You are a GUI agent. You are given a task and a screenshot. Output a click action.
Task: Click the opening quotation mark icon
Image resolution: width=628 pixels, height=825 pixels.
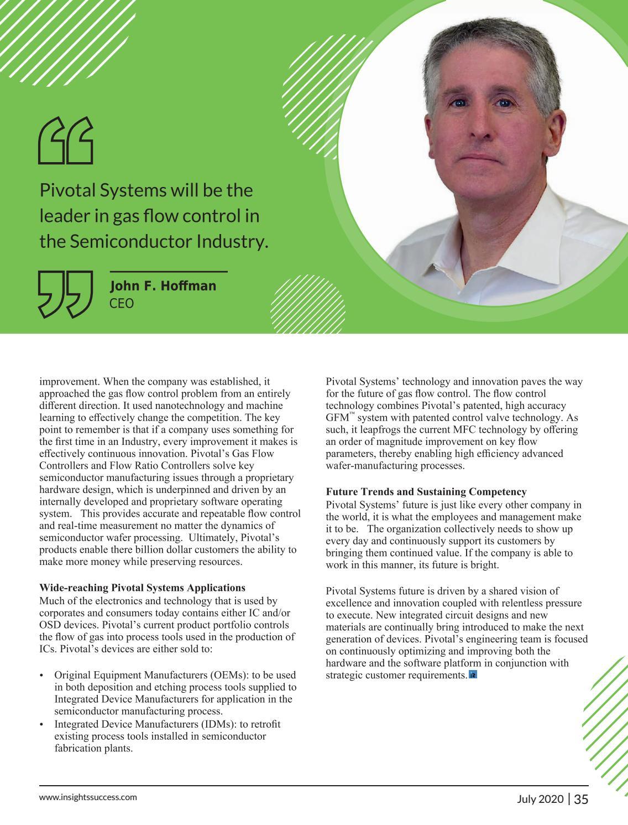pyautogui.click(x=65, y=141)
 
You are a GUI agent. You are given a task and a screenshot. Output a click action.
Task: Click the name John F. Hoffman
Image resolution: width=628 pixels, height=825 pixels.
pyautogui.click(x=163, y=286)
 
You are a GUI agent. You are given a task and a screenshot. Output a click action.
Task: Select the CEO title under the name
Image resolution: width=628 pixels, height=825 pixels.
pyautogui.click(x=122, y=303)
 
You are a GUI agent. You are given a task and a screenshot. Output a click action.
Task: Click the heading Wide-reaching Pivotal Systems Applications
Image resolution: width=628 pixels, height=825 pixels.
pyautogui.click(x=142, y=588)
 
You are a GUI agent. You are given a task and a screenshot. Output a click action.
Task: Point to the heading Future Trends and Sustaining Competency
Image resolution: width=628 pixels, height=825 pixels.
pyautogui.click(x=426, y=492)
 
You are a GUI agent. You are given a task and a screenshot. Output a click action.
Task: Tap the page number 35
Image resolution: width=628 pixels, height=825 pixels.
pyautogui.click(x=581, y=799)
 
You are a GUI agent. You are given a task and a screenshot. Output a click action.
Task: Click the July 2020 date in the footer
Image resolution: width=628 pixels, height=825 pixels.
pyautogui.click(x=541, y=799)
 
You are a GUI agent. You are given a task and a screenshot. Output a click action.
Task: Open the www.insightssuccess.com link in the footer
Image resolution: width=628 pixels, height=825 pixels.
pyautogui.click(x=88, y=797)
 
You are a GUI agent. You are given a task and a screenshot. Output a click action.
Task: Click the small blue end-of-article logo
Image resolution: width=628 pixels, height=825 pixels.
pyautogui.click(x=473, y=675)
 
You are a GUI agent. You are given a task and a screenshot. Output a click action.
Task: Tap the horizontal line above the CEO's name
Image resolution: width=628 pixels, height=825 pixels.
pyautogui.click(x=169, y=272)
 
